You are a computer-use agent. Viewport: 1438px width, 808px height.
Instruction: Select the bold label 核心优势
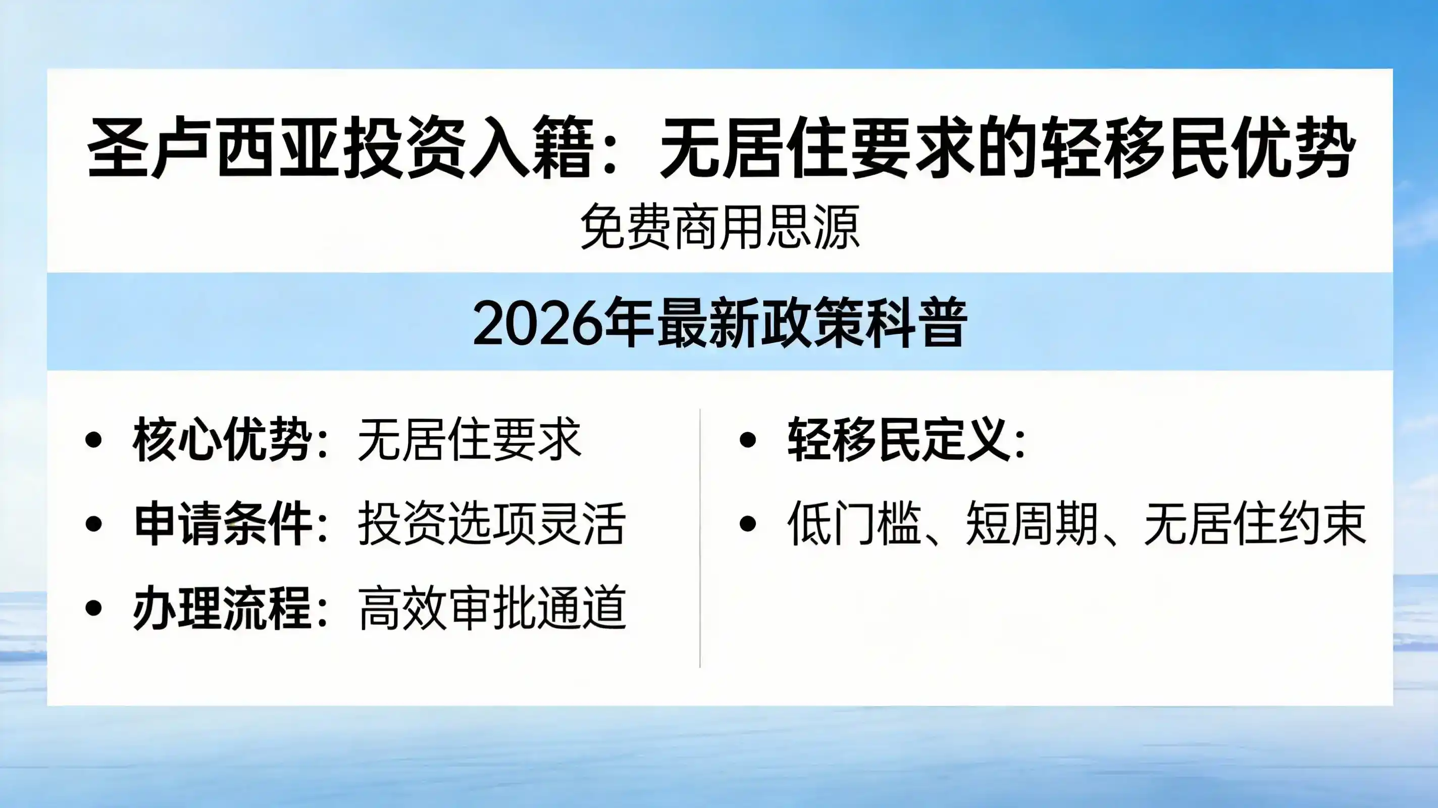(x=222, y=440)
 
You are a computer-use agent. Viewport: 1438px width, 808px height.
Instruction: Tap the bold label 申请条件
(x=223, y=524)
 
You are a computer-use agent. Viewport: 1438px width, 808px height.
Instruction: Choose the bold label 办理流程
(x=222, y=608)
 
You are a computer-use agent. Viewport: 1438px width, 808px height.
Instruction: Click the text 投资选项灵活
(x=491, y=524)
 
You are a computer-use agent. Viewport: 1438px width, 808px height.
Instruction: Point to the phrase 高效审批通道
(x=491, y=608)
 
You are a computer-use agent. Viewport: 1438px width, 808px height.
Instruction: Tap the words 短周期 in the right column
(x=1032, y=524)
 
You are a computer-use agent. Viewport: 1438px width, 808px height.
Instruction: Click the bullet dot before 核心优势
(x=94, y=440)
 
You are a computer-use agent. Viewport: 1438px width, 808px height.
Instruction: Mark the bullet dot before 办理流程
(x=94, y=608)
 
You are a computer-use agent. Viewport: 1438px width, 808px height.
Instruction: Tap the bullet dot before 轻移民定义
(x=747, y=440)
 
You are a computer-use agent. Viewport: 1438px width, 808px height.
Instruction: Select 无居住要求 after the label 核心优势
(x=469, y=440)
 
